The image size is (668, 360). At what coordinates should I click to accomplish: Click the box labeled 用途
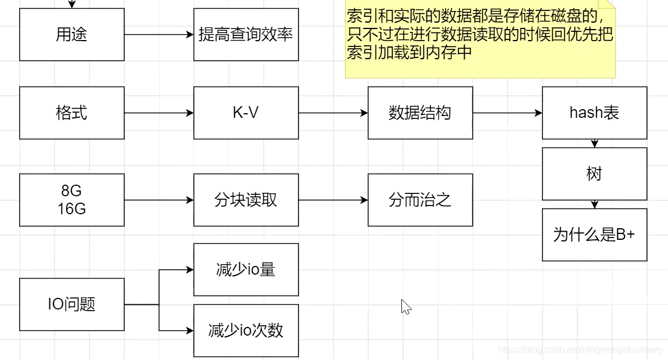click(71, 35)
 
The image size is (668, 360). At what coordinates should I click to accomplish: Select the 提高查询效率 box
click(246, 35)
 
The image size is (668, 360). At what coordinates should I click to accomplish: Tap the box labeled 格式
click(71, 113)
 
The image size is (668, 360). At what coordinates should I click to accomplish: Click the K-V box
click(246, 113)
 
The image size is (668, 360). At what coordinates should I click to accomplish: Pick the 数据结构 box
click(420, 113)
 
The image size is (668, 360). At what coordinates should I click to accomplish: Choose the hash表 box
click(594, 113)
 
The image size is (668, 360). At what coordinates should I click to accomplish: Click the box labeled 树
click(594, 174)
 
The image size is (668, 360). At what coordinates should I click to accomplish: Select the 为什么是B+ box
click(594, 235)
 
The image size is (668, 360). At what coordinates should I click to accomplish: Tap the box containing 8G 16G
click(71, 200)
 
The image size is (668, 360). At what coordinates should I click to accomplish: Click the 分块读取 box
click(246, 200)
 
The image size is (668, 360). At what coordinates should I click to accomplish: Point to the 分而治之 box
click(420, 200)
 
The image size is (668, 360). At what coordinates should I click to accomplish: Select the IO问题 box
click(71, 304)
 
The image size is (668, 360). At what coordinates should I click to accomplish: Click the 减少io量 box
click(246, 269)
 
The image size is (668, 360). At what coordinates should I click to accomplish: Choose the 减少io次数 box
click(246, 330)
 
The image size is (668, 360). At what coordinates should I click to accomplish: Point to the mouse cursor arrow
click(405, 306)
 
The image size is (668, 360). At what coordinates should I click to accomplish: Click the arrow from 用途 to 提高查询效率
click(159, 35)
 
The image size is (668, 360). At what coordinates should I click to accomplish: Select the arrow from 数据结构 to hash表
click(507, 113)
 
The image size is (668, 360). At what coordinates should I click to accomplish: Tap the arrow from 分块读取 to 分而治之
click(333, 200)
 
